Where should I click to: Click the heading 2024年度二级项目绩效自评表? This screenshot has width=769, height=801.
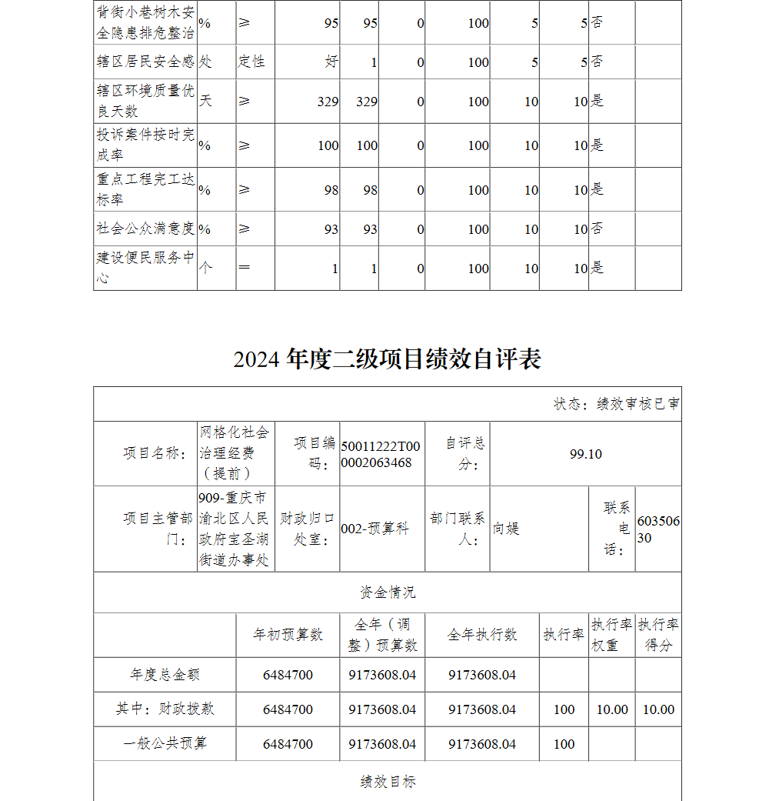(x=388, y=359)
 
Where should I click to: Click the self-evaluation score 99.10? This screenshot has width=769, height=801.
(x=585, y=454)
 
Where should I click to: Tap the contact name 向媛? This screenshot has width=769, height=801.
(x=507, y=529)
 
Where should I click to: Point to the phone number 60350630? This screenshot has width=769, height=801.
(x=658, y=529)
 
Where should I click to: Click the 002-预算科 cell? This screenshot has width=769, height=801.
(x=375, y=529)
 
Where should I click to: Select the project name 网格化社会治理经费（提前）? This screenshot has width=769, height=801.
(x=235, y=452)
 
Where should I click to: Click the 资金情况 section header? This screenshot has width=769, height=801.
(x=388, y=592)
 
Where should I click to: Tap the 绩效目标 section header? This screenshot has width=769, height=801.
(x=388, y=782)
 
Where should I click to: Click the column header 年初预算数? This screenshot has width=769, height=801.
(x=288, y=635)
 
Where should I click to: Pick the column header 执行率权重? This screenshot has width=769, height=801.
(x=611, y=635)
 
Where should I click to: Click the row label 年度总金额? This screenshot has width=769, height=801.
(x=165, y=675)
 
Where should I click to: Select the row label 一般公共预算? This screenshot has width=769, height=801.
(x=165, y=743)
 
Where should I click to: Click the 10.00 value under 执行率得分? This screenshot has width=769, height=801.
(x=658, y=709)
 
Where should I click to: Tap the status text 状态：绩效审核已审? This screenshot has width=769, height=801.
(x=616, y=404)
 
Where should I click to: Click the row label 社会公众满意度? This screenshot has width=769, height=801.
(x=145, y=229)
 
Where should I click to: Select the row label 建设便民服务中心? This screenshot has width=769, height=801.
(x=145, y=267)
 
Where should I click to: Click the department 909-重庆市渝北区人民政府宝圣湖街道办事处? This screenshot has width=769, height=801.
(x=234, y=529)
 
